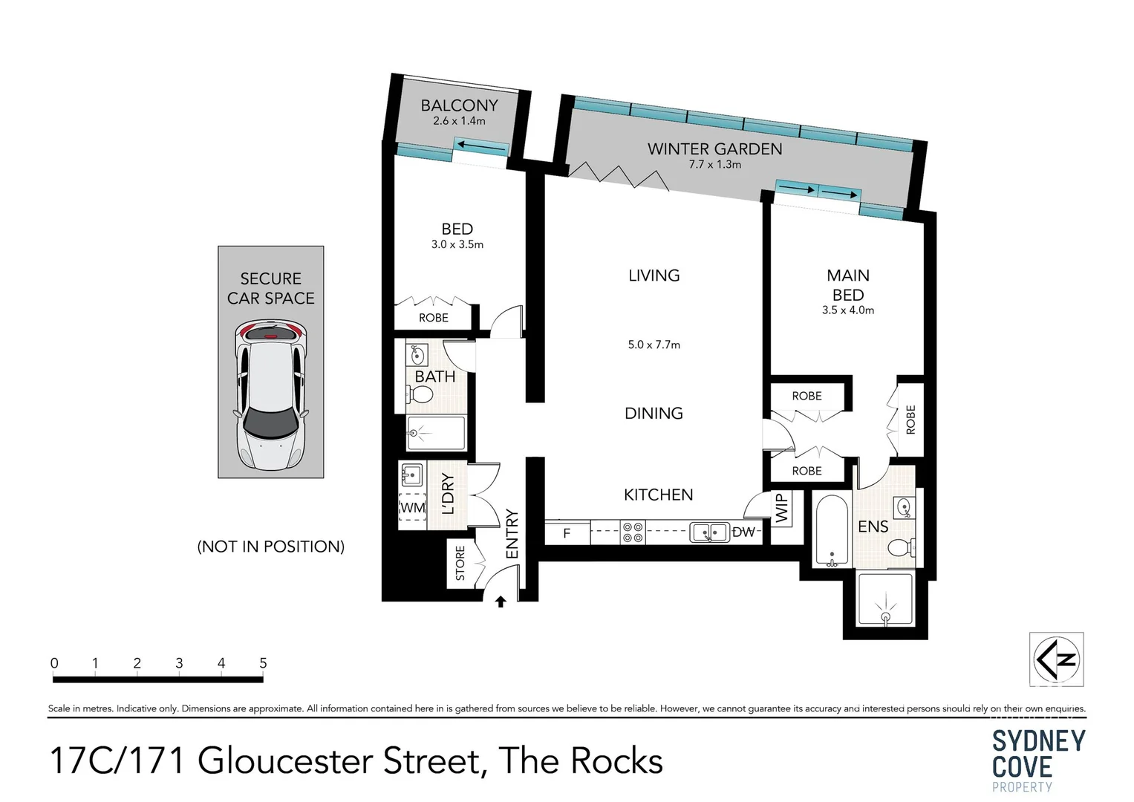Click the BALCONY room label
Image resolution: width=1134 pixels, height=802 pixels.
pos(459,105)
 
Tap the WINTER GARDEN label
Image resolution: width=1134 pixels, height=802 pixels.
pos(714,149)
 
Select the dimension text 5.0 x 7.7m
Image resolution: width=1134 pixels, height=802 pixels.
pos(654,345)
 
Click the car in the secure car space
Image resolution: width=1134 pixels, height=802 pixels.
pos(270,394)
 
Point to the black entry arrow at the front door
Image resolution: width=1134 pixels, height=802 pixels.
pos(501,601)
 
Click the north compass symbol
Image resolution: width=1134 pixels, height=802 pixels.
pos(1056,659)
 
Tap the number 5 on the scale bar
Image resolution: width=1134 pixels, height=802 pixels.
pos(263,663)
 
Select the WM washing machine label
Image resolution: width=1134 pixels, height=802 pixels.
pos(412,508)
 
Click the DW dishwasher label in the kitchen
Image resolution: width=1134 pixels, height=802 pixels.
pos(743,532)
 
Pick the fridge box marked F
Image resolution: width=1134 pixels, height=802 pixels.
pos(567,533)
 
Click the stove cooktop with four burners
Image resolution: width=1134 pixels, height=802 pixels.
pos(633,532)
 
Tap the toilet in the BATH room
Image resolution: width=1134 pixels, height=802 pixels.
pos(420,396)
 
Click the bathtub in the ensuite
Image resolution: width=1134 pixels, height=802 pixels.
pos(831,531)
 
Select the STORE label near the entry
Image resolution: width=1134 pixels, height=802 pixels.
pos(460,563)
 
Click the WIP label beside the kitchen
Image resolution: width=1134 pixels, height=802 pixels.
pos(781,509)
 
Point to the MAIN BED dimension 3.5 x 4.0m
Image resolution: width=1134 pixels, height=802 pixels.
pos(847,310)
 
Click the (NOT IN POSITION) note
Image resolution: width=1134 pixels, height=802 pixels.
pos(270,547)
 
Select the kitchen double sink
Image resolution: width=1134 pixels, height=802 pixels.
pos(709,532)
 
